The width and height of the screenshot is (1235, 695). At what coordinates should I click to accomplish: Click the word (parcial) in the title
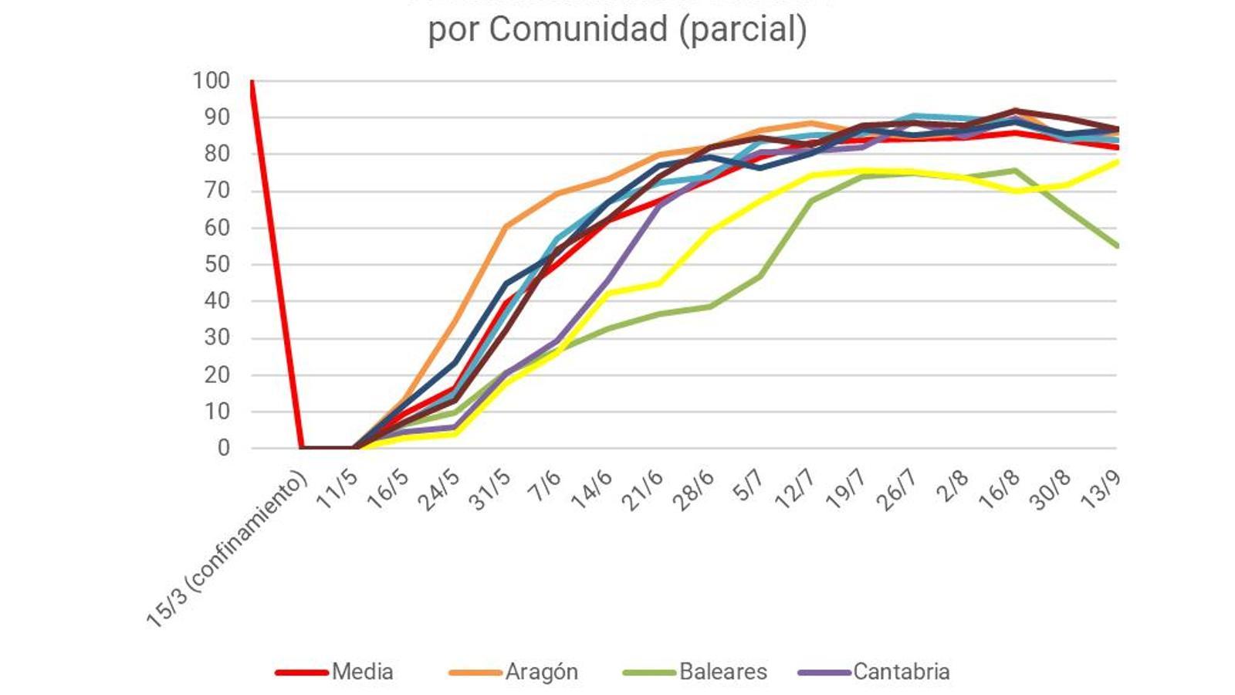pyautogui.click(x=743, y=29)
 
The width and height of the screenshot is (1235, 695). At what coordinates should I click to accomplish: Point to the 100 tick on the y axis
pyautogui.click(x=211, y=80)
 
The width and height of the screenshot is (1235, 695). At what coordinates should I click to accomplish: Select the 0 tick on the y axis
pyautogui.click(x=223, y=448)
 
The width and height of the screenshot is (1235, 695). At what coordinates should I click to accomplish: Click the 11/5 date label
pyautogui.click(x=337, y=490)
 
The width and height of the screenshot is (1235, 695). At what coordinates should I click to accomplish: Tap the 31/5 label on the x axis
pyautogui.click(x=490, y=490)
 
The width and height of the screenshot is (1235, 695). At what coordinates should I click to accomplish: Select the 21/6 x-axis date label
pyautogui.click(x=642, y=490)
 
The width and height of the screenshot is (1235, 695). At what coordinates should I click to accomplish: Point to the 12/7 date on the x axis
pyautogui.click(x=795, y=490)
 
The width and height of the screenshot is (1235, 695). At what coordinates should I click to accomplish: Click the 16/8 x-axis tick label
pyautogui.click(x=999, y=490)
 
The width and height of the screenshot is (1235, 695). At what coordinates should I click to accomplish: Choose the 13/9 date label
pyautogui.click(x=1101, y=490)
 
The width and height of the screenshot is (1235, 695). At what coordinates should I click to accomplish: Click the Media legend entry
pyautogui.click(x=362, y=672)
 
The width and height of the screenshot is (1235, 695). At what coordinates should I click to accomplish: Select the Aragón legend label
pyautogui.click(x=541, y=672)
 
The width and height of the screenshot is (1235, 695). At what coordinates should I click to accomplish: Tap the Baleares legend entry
pyautogui.click(x=722, y=672)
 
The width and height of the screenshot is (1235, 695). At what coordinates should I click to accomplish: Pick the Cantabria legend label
pyautogui.click(x=901, y=672)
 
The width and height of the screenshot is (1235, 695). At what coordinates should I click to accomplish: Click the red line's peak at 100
pyautogui.click(x=252, y=81)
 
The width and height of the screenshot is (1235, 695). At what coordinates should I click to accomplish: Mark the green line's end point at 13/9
pyautogui.click(x=1116, y=246)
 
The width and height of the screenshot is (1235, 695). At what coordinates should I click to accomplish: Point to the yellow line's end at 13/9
pyautogui.click(x=1116, y=161)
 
